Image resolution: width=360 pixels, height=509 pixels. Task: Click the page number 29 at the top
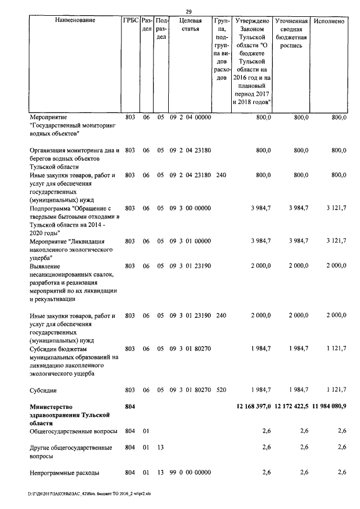pyautogui.click(x=189, y=12)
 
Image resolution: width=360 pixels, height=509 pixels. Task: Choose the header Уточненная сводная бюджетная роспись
pyautogui.click(x=290, y=33)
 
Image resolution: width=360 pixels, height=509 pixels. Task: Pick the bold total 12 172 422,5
pyautogui.click(x=291, y=406)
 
